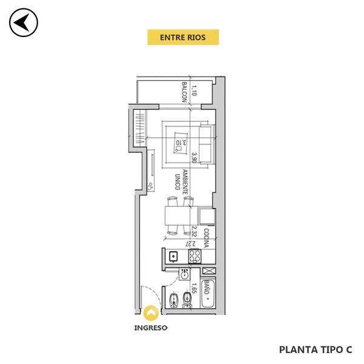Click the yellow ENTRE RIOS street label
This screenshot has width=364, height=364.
(183, 37)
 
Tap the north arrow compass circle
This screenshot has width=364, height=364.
(24, 22)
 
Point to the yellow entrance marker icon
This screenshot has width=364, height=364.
(151, 313)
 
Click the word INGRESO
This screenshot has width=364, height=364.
(150, 328)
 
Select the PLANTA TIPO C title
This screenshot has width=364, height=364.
(315, 349)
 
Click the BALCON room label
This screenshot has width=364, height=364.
(184, 92)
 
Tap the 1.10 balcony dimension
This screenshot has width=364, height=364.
(194, 90)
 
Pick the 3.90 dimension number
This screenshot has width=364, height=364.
(194, 158)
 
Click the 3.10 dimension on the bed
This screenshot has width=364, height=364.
(181, 143)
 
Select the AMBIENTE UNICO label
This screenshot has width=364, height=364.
(181, 182)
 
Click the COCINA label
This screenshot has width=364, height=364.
(206, 238)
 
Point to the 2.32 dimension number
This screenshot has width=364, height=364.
(194, 232)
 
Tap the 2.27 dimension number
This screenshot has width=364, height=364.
(190, 244)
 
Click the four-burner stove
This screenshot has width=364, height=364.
(195, 256)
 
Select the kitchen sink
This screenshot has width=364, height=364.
(173, 256)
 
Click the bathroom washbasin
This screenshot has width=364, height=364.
(184, 274)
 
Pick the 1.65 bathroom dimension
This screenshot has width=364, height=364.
(194, 288)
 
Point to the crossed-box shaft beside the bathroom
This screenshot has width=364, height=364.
(209, 271)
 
